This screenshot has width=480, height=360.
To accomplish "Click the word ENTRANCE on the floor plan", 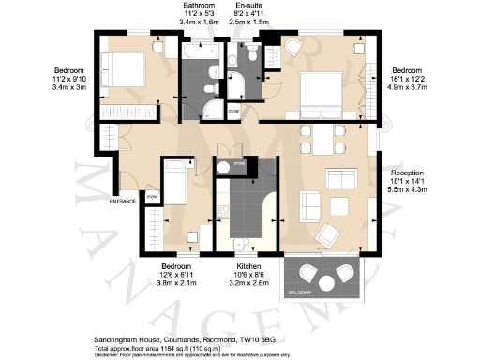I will click(x=123, y=201).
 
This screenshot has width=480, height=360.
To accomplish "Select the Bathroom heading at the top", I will click(x=198, y=5).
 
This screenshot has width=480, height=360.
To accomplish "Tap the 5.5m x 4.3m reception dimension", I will click(x=408, y=189).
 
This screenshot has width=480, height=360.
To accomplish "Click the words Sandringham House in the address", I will click(x=99, y=332).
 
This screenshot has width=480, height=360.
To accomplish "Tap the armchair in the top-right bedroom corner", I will click(x=292, y=47).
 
